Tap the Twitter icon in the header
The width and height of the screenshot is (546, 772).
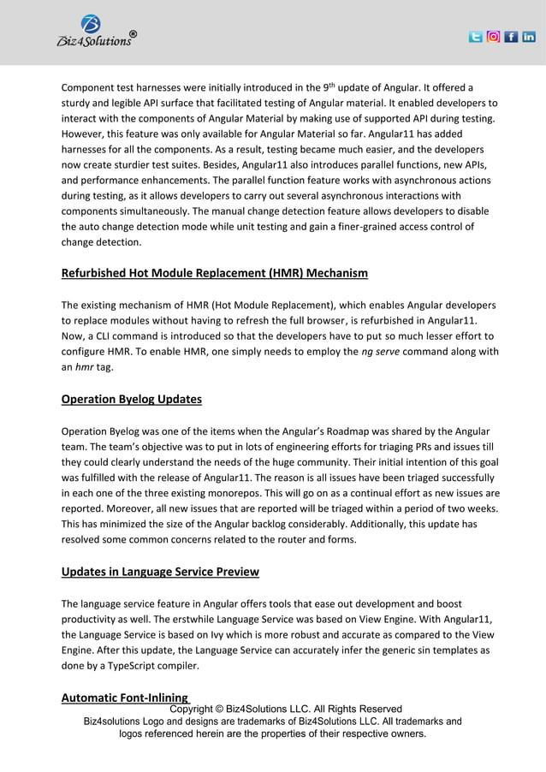click(476, 37)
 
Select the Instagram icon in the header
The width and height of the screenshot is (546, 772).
click(494, 37)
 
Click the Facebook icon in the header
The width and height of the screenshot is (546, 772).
click(511, 37)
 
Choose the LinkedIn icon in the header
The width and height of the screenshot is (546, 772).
click(529, 37)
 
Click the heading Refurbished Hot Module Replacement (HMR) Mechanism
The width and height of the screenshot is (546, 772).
click(214, 274)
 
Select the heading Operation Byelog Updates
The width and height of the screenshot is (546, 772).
click(131, 399)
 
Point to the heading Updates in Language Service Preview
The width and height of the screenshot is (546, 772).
click(160, 572)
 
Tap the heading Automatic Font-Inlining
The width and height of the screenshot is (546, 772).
click(125, 698)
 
